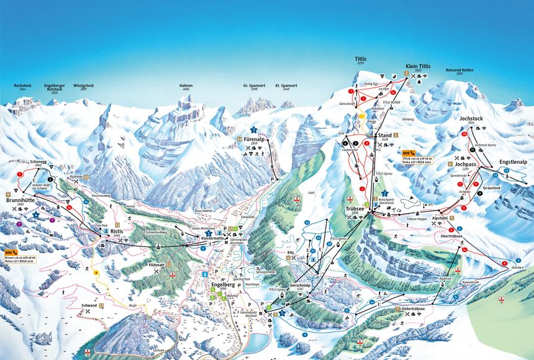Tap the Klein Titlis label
(x=418, y=65)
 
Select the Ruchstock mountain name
(x=22, y=86)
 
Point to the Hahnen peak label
(x=186, y=86)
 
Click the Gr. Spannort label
(x=254, y=86)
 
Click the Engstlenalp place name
(x=513, y=161)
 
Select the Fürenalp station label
(x=255, y=139)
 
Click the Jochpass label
(x=465, y=164)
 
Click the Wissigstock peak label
(x=83, y=86)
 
